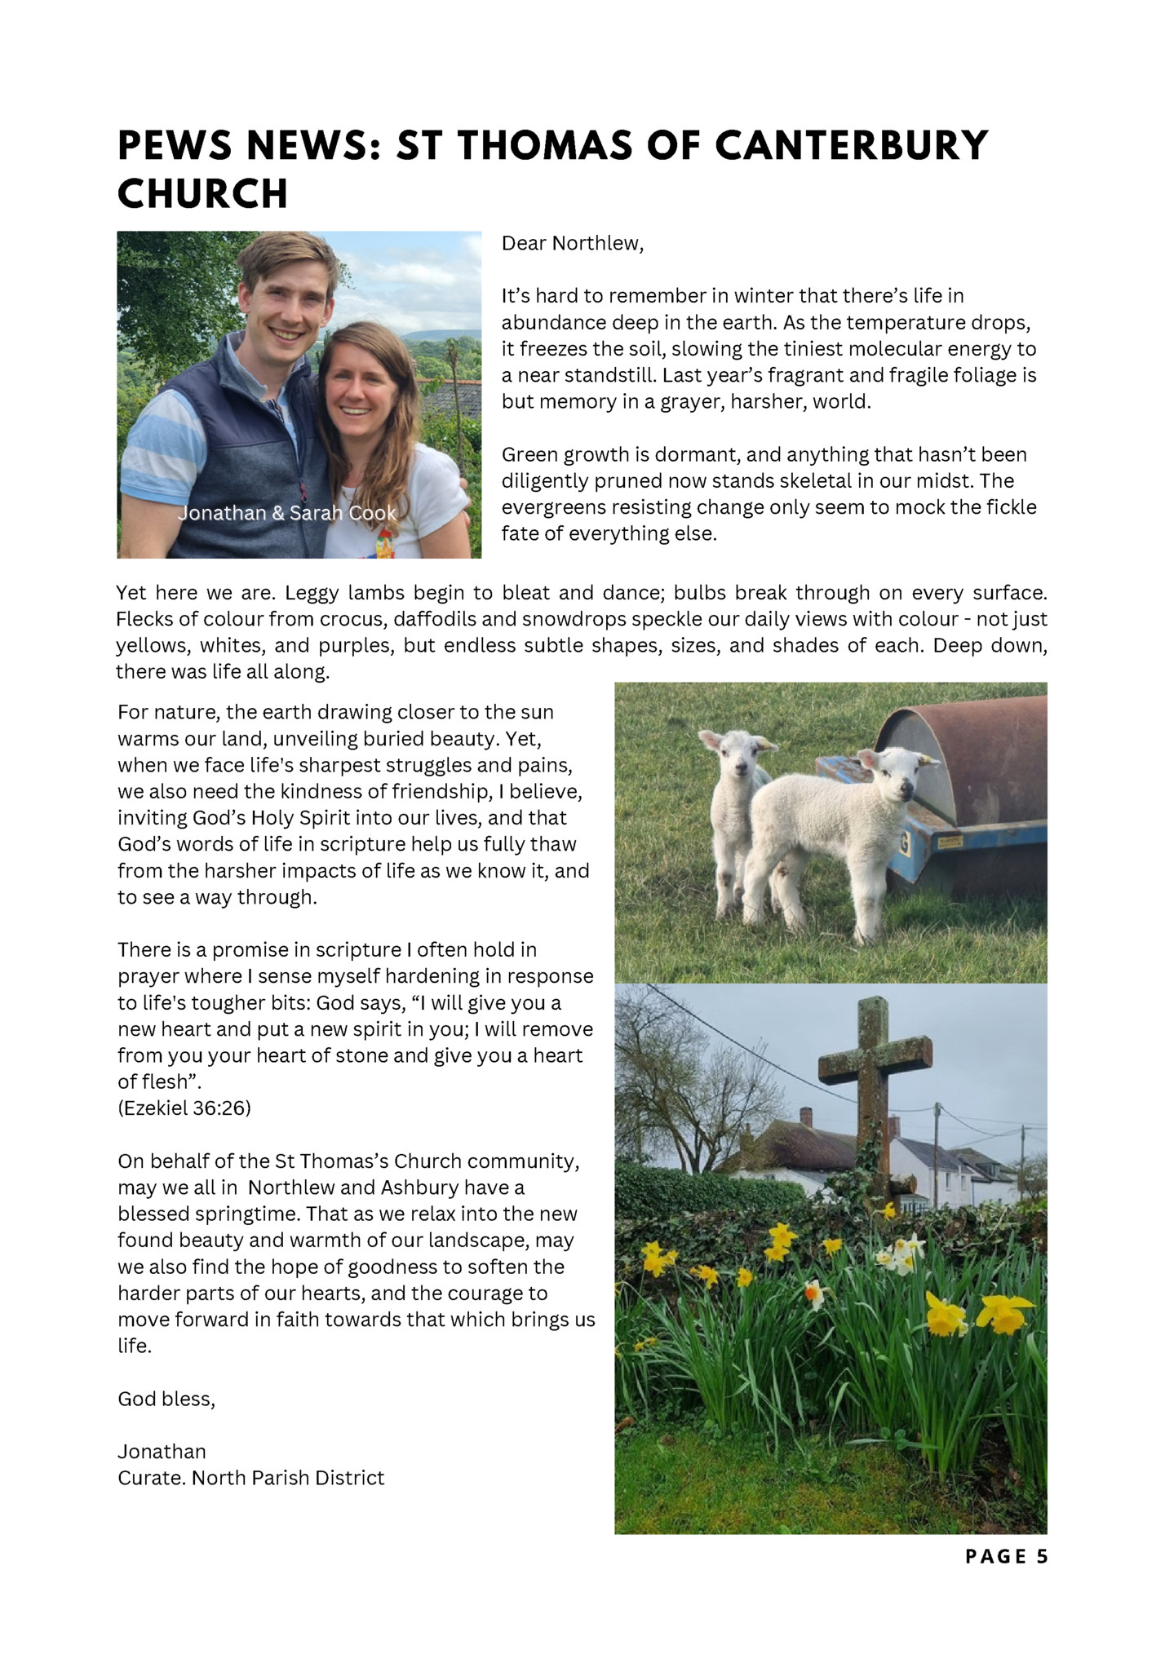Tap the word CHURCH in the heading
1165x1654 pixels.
[x=202, y=194]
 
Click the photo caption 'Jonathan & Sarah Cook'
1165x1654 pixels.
[x=287, y=513]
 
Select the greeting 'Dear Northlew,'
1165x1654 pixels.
[x=572, y=243]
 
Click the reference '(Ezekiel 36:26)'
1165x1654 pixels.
[x=184, y=1108]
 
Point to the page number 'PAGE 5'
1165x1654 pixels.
[x=1006, y=1556]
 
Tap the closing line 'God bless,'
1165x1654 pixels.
[x=166, y=1399]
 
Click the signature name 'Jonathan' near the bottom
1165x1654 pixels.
[x=162, y=1452]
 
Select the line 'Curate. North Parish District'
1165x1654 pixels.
[x=250, y=1478]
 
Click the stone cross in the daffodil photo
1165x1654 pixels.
[x=874, y=1060]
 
